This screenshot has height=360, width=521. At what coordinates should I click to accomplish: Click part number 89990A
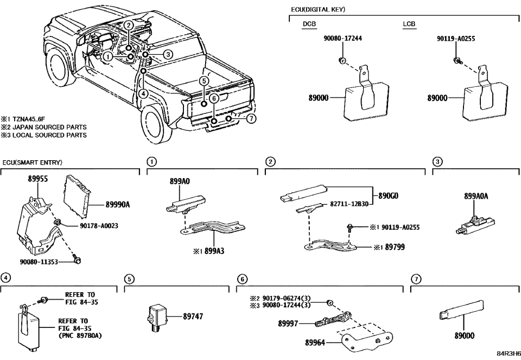[117, 205]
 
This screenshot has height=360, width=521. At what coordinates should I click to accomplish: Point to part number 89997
[288, 323]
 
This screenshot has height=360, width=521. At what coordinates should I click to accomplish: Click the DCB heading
[310, 24]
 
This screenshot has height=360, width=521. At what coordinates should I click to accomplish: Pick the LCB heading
[409, 24]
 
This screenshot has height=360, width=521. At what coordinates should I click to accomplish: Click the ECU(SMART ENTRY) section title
[32, 162]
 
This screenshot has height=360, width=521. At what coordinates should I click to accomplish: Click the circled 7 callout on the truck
[250, 119]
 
